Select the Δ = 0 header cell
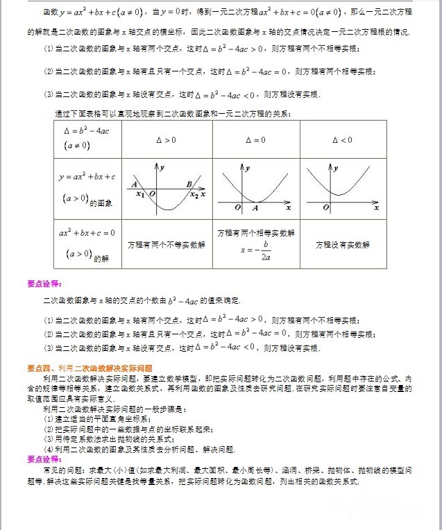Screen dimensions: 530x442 (255, 140)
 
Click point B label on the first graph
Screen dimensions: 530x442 (189, 184)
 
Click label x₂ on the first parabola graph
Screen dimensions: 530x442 (194, 196)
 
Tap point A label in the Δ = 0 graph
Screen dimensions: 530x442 (255, 207)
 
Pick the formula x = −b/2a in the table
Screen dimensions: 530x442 (255, 250)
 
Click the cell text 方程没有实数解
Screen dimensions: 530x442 (343, 244)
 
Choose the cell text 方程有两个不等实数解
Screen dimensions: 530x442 (167, 244)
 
